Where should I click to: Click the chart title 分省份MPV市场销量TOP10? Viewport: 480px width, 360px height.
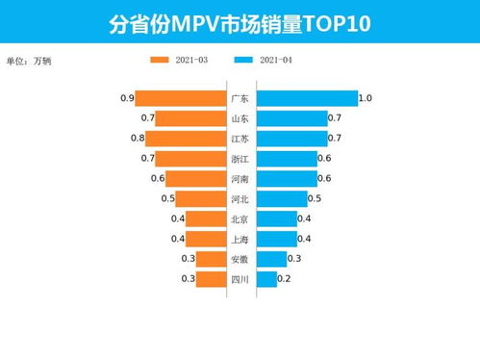pyautogui.click(x=240, y=22)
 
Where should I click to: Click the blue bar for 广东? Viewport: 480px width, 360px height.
pyautogui.click(x=307, y=98)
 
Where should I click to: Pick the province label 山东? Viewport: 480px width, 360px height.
pyautogui.click(x=240, y=118)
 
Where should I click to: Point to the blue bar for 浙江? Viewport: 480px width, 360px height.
pyautogui.click(x=288, y=158)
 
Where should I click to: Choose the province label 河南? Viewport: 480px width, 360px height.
pyautogui.click(x=240, y=179)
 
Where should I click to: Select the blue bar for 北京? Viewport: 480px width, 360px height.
pyautogui.click(x=277, y=219)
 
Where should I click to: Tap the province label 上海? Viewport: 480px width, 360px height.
pyautogui.click(x=240, y=240)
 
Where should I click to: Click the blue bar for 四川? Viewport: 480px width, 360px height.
pyautogui.click(x=266, y=279)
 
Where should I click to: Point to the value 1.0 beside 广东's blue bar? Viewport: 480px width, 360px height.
pyautogui.click(x=366, y=98)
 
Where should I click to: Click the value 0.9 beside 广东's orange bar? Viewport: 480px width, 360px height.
pyautogui.click(x=127, y=98)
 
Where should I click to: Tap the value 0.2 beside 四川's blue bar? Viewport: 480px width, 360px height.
pyautogui.click(x=285, y=279)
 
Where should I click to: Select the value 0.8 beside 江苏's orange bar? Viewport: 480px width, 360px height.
pyautogui.click(x=138, y=139)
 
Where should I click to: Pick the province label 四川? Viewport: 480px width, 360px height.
pyautogui.click(x=240, y=279)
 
